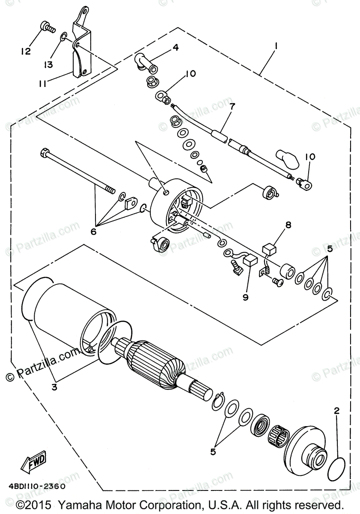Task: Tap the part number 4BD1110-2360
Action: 36,486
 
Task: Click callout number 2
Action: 336,410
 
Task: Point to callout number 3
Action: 54,387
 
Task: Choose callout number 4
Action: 176,47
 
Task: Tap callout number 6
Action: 94,231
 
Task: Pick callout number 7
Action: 231,118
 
